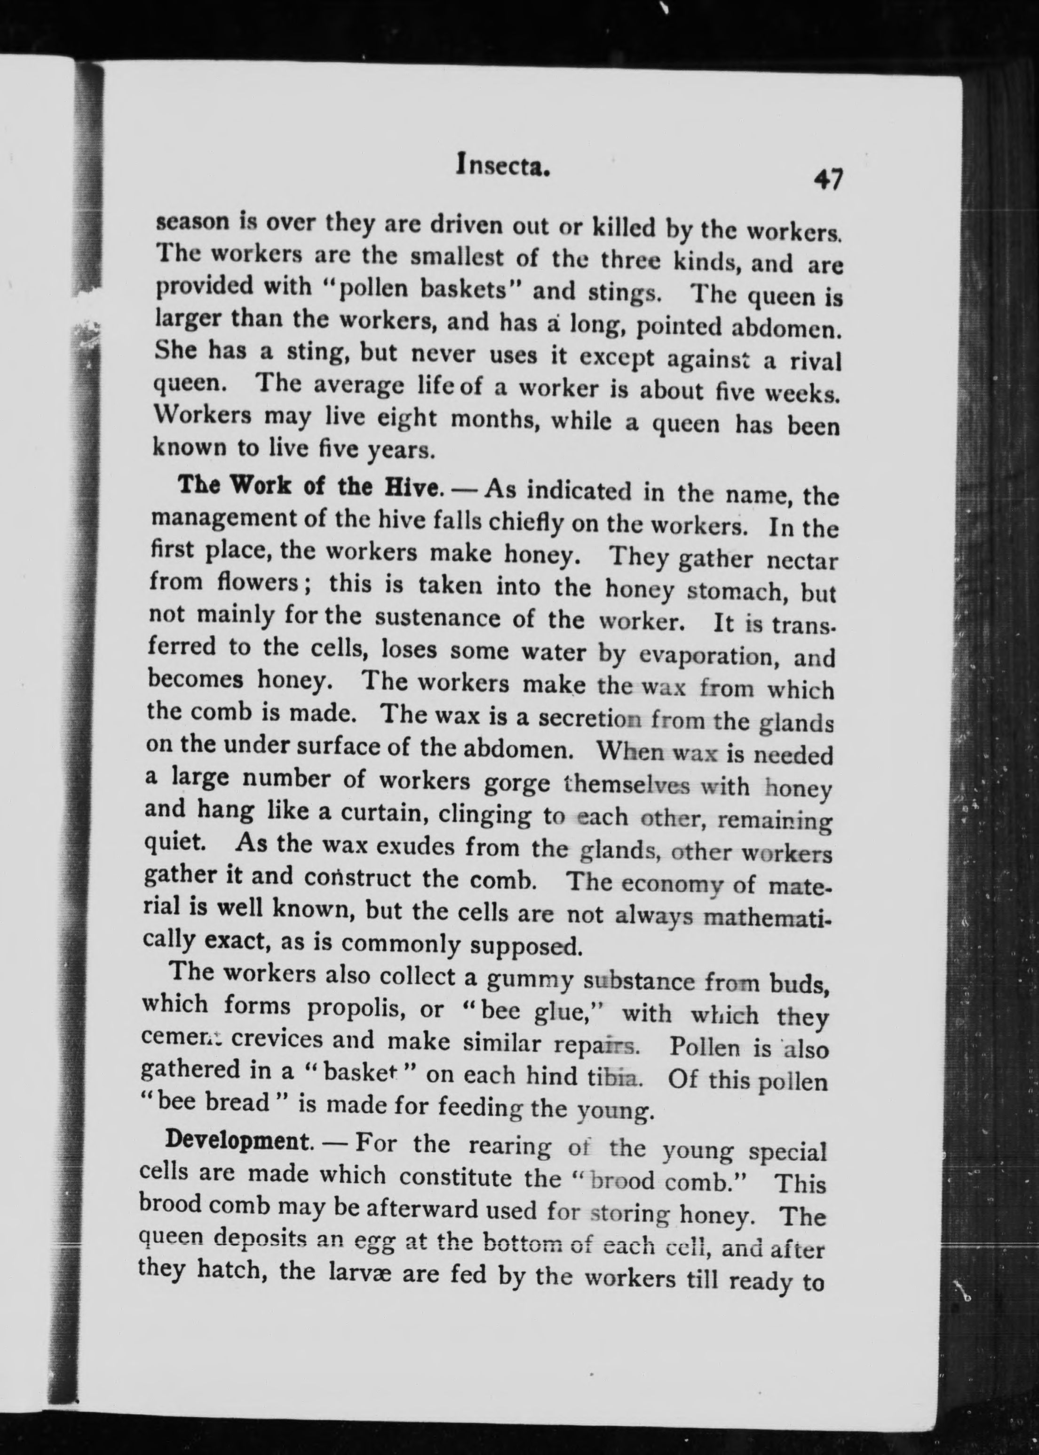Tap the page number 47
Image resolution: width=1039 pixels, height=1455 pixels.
click(828, 179)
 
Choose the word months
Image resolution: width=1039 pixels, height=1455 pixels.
click(494, 420)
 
